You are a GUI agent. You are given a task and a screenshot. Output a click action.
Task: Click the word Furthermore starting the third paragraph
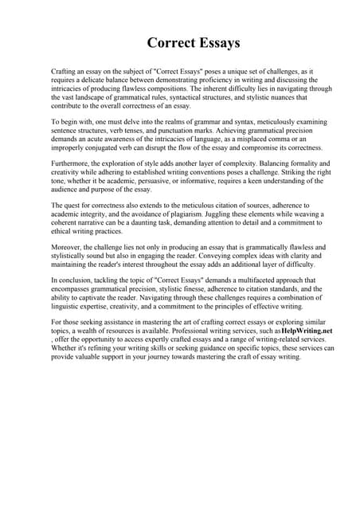pos(74,163)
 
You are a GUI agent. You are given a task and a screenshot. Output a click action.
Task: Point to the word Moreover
pos(68,247)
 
